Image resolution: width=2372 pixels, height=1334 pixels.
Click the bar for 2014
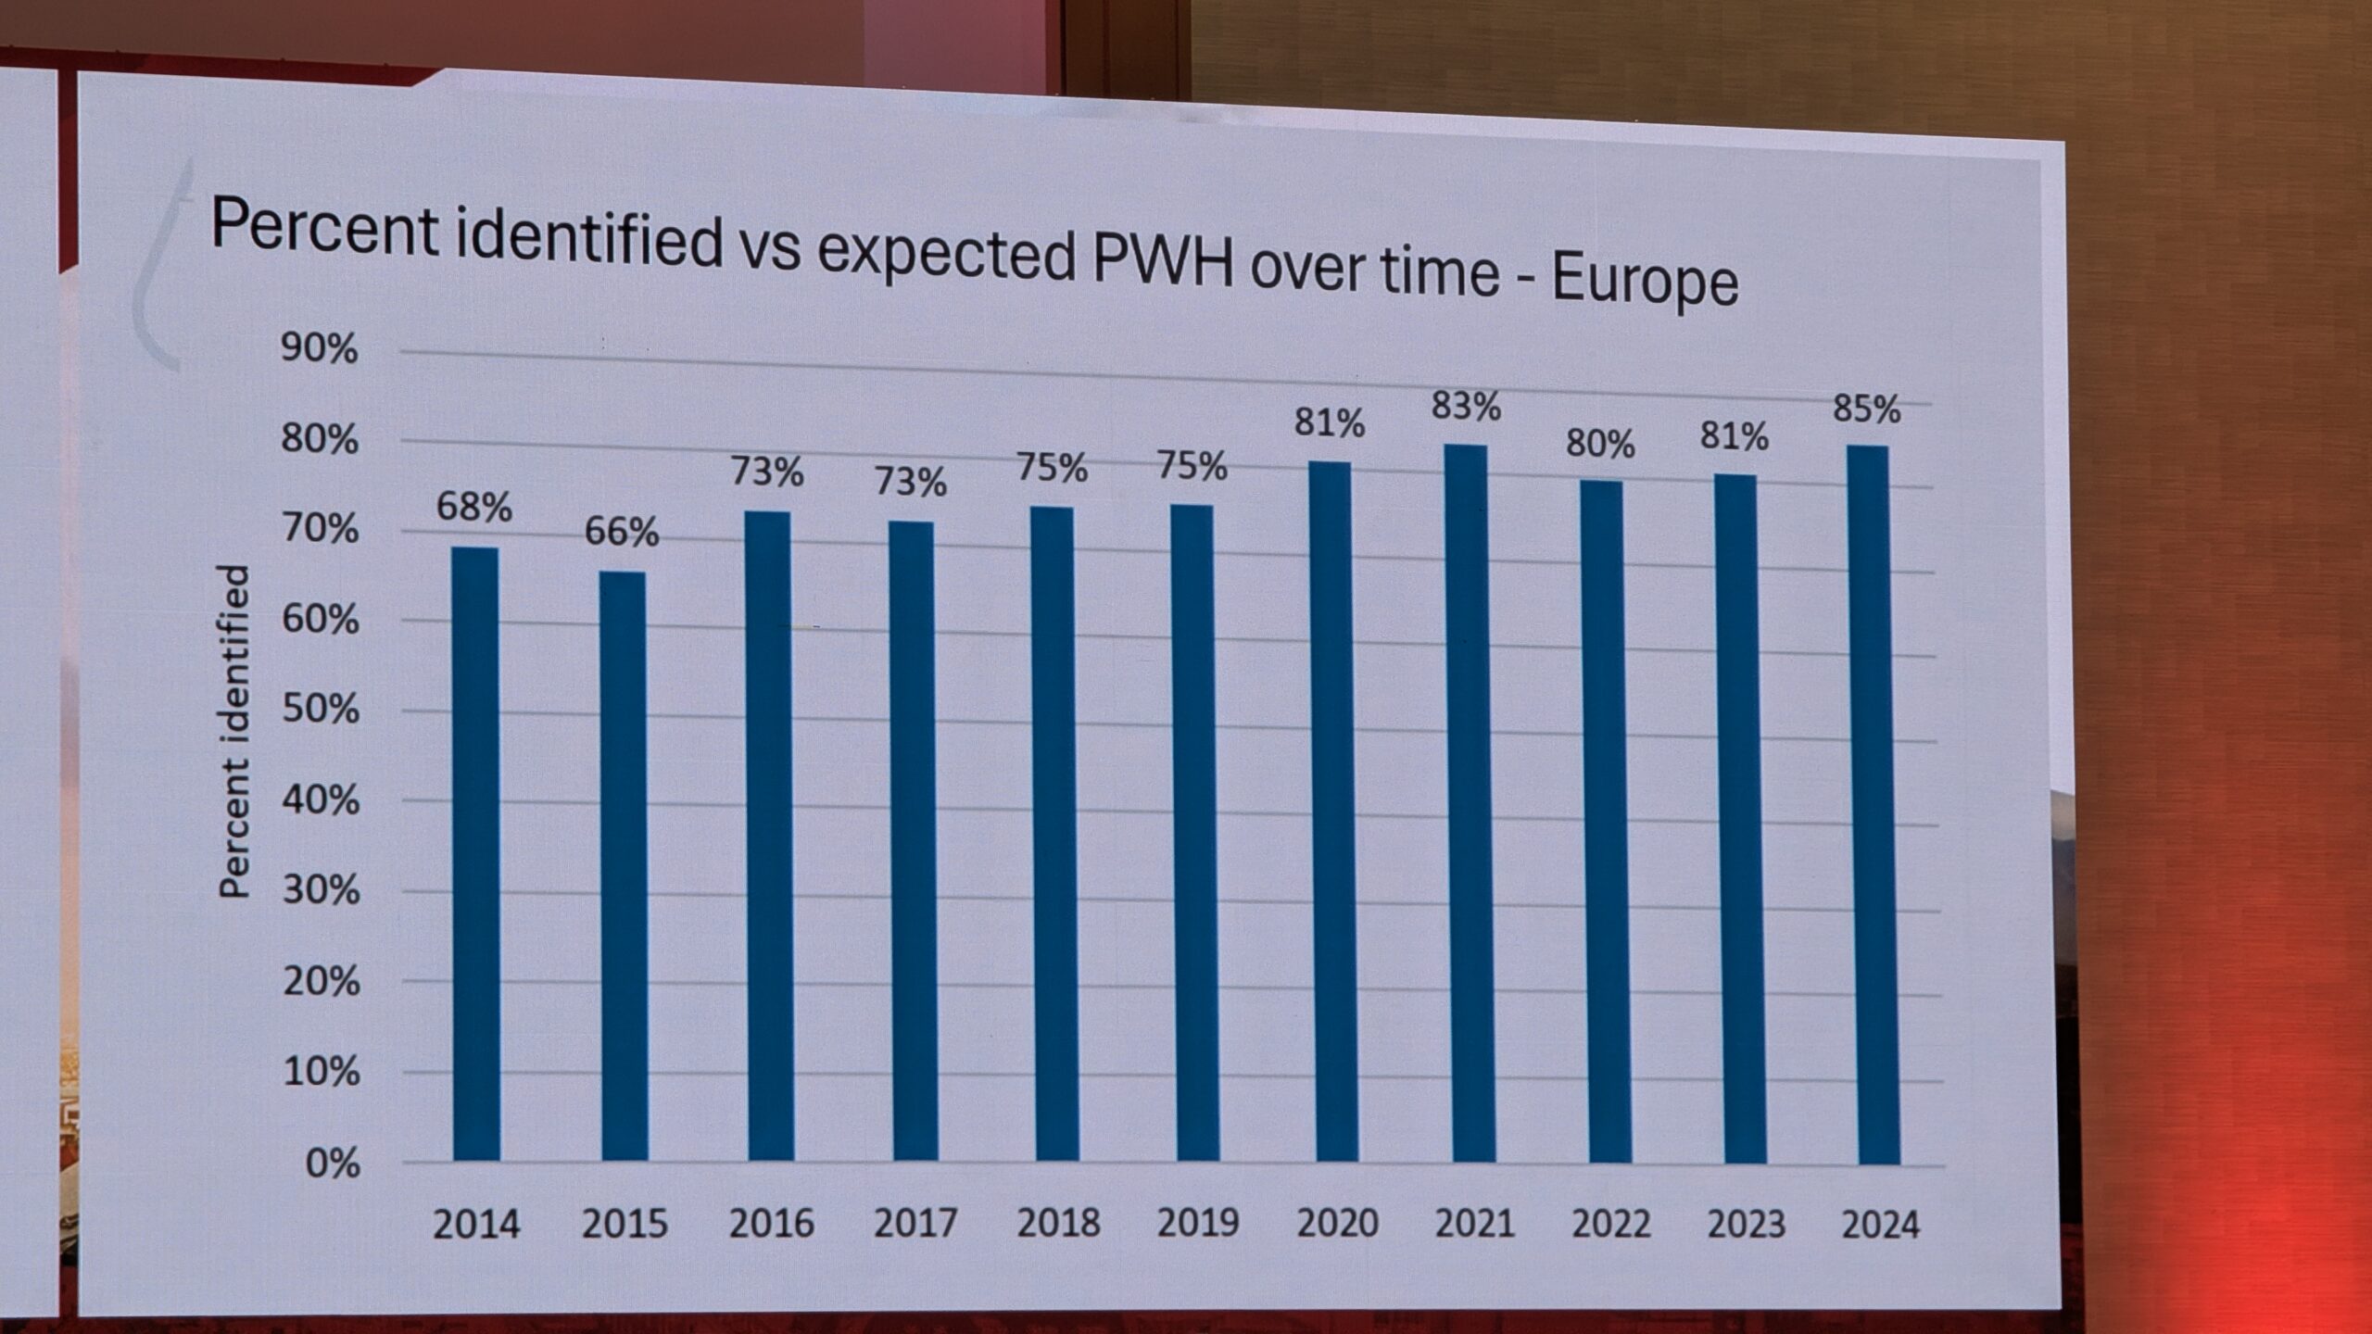(476, 853)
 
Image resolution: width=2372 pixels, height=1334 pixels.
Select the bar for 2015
(624, 865)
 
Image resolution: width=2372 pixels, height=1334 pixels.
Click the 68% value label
(474, 508)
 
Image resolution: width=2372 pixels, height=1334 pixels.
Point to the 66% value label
(622, 533)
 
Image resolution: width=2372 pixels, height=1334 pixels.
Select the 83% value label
(1466, 407)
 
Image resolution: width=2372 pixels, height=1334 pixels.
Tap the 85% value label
(1867, 409)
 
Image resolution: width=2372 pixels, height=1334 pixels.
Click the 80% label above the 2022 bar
(1600, 446)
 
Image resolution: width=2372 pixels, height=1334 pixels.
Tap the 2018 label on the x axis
(1058, 1223)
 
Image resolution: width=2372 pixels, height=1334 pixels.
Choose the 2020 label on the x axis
(1337, 1224)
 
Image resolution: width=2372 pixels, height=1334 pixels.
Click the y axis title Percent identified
(235, 732)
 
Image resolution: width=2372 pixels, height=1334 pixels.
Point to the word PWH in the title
(1164, 263)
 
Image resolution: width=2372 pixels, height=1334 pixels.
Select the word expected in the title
(945, 254)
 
